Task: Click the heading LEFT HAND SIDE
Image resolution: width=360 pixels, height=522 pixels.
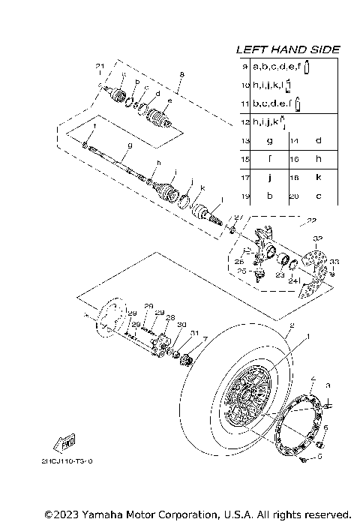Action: (288, 49)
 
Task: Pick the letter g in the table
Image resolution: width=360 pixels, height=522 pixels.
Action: (269, 141)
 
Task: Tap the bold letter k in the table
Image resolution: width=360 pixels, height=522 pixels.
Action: (318, 178)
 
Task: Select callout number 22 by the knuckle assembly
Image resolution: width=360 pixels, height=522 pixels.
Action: (312, 221)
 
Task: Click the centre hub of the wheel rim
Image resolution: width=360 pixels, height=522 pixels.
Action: (247, 397)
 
